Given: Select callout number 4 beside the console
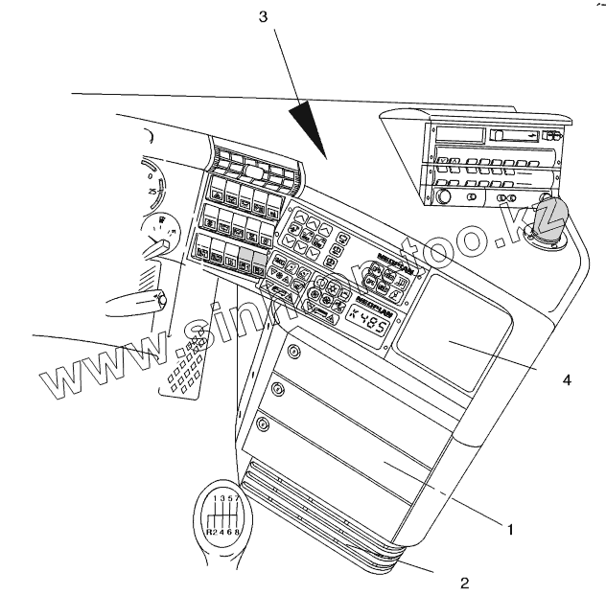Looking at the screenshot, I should point(567,379).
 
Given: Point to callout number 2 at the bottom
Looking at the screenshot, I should point(464,582).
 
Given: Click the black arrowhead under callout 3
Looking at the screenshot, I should point(311,128).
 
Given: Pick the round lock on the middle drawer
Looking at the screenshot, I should point(277,389).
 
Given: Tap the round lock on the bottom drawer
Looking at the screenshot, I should point(263,423).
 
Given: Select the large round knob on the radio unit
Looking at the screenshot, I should point(443,198).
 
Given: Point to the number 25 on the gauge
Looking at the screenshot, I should point(151,192).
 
